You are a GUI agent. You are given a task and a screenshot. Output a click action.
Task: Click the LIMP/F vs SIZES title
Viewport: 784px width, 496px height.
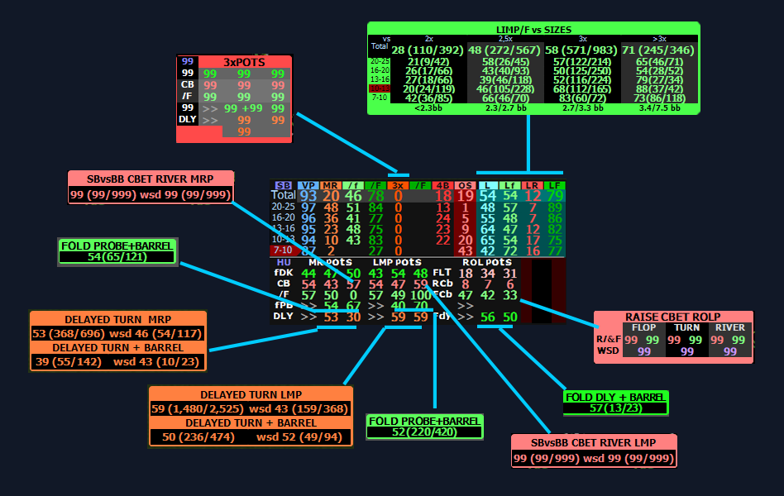(533, 29)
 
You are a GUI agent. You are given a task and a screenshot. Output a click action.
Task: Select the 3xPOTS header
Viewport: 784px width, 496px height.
(246, 61)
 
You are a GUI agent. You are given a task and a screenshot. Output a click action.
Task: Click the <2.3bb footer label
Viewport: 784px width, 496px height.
(428, 107)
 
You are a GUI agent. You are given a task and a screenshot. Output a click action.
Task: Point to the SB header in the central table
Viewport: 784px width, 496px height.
(283, 185)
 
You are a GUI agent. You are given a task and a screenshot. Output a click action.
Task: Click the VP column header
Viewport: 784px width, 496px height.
(308, 185)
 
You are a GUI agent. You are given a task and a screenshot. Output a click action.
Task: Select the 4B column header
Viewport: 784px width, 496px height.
(442, 185)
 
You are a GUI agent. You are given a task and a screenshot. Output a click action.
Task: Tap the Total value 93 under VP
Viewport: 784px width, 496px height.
(308, 196)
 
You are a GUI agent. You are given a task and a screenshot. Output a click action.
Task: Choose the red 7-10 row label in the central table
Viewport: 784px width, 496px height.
(283, 250)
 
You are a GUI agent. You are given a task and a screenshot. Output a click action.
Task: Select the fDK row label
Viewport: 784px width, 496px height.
(284, 273)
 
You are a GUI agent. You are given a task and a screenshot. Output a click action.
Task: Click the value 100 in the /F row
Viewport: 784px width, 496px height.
(420, 294)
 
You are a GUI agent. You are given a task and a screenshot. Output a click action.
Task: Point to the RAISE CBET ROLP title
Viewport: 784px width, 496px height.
(672, 317)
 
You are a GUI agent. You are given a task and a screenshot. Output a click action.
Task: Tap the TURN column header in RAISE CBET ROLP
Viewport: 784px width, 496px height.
(688, 327)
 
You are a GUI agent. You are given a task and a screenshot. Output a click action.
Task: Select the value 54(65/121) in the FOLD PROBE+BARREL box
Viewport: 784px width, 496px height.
(116, 257)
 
